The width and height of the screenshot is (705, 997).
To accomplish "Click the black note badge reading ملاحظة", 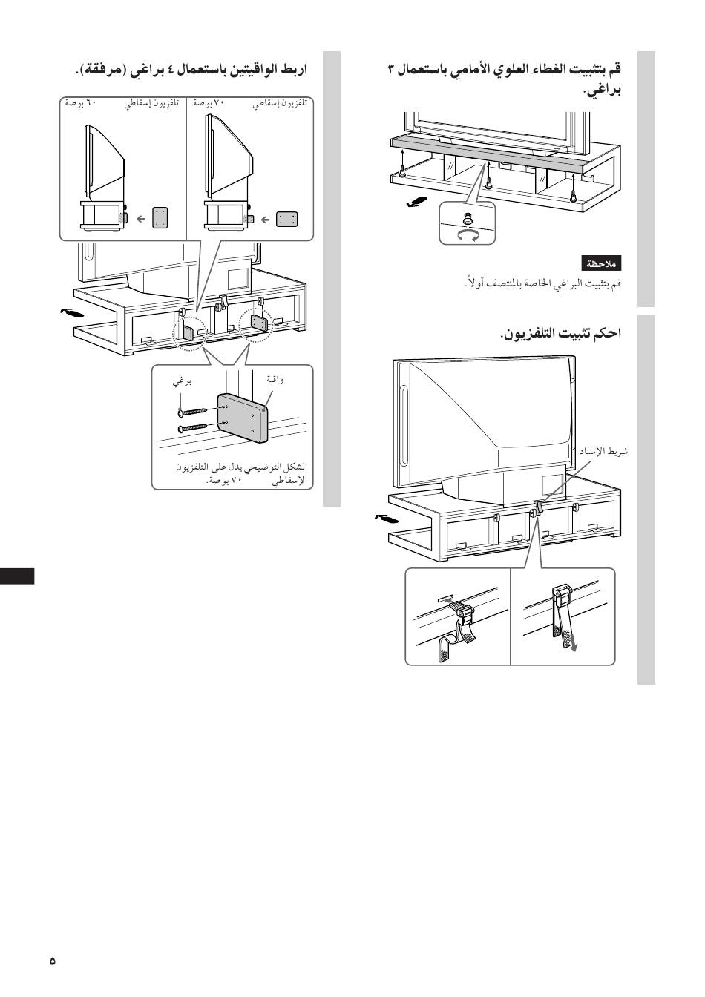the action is click(601, 263).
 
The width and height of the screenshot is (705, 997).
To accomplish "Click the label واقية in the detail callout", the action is click(275, 379).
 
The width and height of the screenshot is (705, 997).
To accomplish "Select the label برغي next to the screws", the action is click(182, 382).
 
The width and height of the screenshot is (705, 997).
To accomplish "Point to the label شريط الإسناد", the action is click(603, 451).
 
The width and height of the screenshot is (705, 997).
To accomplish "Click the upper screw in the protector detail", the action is click(192, 411).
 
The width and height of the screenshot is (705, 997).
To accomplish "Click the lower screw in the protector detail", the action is click(192, 428).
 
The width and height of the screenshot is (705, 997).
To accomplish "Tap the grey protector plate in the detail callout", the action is click(243, 418).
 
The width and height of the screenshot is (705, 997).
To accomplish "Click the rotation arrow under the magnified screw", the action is click(468, 236).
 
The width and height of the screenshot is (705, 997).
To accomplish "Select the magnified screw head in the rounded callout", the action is click(468, 219).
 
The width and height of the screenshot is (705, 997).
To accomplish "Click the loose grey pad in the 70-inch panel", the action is click(286, 220).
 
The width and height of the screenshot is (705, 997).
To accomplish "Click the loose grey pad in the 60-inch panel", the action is click(160, 218).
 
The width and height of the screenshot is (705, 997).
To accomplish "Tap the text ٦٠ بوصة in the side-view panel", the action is click(80, 103).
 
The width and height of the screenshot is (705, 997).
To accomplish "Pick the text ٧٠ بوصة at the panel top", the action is click(209, 103).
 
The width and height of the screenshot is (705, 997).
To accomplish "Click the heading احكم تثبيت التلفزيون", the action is click(561, 332).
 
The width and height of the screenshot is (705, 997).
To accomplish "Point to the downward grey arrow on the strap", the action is click(573, 641).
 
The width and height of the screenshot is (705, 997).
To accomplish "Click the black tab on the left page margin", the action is click(17, 576).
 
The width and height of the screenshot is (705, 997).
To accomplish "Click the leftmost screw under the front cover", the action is click(402, 172).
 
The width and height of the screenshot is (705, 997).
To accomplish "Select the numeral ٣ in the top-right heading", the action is click(391, 70).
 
